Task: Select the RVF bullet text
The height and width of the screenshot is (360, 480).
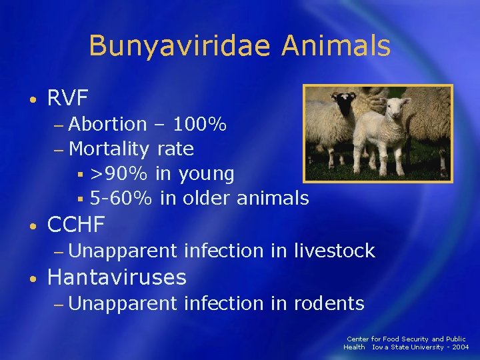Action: pos(68,99)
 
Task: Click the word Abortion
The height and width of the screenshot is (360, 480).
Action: pos(107,124)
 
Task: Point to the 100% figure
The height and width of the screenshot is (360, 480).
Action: pos(200,124)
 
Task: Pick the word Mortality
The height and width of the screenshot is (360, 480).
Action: pos(109,149)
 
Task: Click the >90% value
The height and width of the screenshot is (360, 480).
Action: pos(119,174)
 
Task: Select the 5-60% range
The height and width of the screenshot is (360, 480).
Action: pos(121,198)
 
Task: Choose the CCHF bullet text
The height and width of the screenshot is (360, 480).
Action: pos(76,225)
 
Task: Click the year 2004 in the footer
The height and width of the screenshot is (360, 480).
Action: pos(460,347)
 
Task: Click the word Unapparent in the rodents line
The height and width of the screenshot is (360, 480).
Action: pos(122,303)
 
